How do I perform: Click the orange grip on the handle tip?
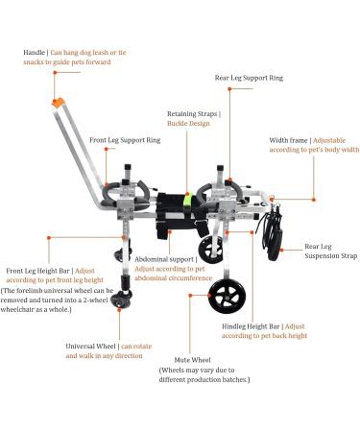pos(59,102)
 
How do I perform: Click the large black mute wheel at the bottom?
pos(227,297)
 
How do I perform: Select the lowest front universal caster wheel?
pos(121,300)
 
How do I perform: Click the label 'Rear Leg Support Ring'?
pos(249,78)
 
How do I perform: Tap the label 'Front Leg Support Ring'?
pos(125,140)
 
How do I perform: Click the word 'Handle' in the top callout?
pos(34,53)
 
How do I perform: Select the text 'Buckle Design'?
pos(188,124)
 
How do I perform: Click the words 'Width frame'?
pos(288,140)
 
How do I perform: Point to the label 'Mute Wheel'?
pos(192,360)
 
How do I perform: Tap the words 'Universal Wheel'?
pos(90,347)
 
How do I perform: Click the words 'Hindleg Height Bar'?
pos(251,326)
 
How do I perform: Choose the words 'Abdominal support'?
pos(164,259)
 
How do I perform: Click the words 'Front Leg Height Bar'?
pos(37,271)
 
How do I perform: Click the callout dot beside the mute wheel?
pos(190,296)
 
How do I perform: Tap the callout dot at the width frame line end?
pos(314,200)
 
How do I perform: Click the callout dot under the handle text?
pos(55,73)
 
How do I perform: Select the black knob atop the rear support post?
pos(220,168)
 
